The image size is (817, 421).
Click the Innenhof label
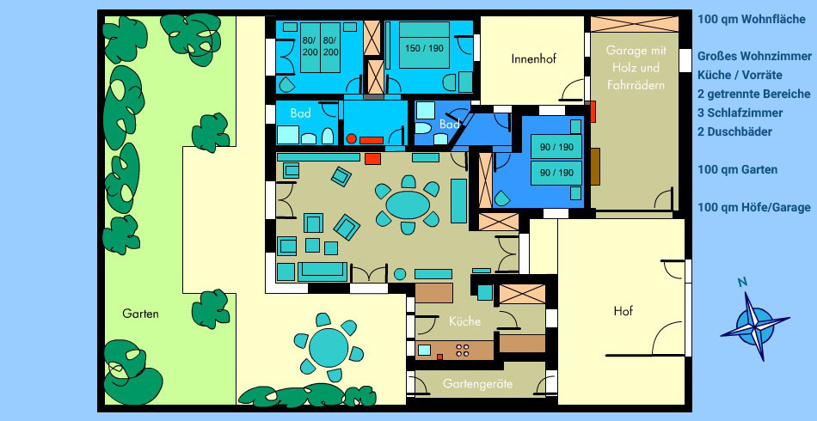click(533, 58)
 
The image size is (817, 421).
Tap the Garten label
click(141, 314)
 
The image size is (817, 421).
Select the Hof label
click(623, 311)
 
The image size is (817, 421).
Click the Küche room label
click(464, 321)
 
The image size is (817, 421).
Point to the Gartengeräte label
click(478, 384)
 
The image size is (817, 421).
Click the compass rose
click(755, 326)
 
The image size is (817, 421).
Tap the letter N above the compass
click(743, 282)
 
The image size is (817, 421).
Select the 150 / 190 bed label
click(424, 48)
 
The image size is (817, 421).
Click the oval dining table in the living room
click(408, 205)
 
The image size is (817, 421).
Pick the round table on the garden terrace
click(329, 348)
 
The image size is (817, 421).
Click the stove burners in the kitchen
click(462, 350)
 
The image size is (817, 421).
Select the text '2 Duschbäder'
click(734, 131)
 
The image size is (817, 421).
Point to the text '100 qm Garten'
click(737, 169)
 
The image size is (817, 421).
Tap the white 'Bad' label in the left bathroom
click(301, 113)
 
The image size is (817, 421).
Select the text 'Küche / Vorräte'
click(740, 75)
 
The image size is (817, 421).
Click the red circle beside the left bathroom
click(352, 139)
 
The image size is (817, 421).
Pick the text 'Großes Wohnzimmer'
click(754, 56)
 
